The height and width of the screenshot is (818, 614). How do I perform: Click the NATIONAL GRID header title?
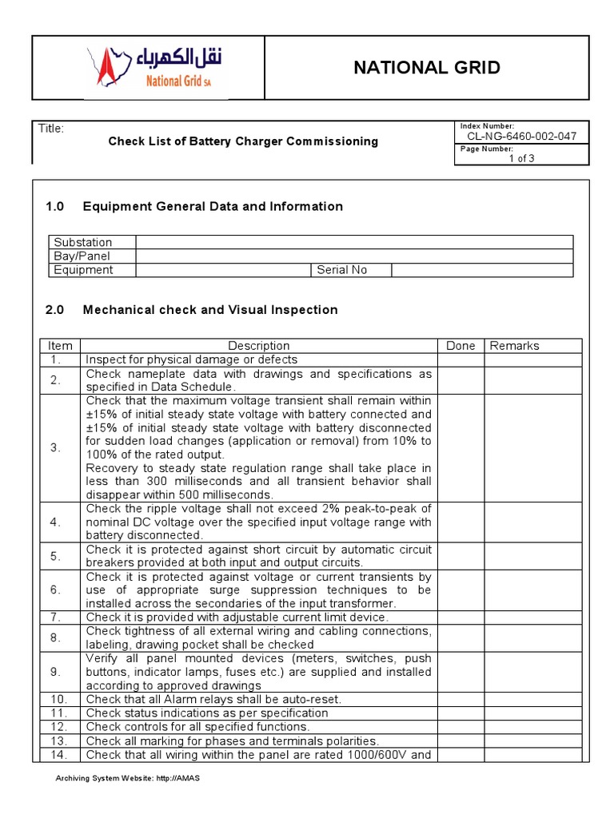tap(427, 68)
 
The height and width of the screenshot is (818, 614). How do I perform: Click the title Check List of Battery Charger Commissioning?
tap(243, 141)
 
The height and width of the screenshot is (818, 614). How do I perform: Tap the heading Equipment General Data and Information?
tap(213, 207)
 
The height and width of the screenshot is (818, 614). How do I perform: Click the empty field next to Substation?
tap(354, 242)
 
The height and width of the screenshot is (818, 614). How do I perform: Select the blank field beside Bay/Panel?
tap(354, 256)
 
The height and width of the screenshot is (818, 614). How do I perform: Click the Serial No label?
tap(341, 270)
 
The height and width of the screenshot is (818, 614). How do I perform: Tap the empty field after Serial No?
tap(482, 270)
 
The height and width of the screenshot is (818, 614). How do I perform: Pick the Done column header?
tap(460, 346)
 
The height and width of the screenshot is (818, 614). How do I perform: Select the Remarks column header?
tap(514, 346)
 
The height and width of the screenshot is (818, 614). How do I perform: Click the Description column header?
tap(258, 346)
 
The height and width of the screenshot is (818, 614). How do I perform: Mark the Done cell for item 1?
tap(460, 359)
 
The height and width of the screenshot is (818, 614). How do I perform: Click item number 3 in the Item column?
tap(55, 448)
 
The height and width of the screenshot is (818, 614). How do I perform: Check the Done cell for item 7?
tap(460, 617)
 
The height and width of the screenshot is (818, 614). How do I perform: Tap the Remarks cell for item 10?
tap(532, 699)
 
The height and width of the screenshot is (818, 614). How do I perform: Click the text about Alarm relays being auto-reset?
tap(213, 699)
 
